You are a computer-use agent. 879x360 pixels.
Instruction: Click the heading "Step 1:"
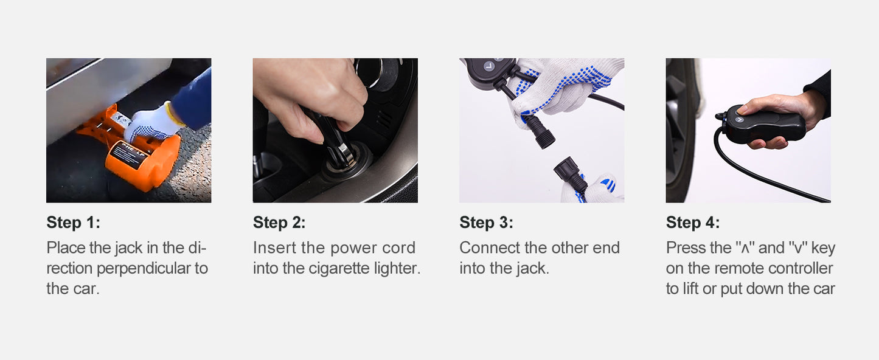point(73,223)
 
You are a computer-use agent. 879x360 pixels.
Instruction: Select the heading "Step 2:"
point(279,223)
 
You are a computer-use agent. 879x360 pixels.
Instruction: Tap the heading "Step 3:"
point(486,223)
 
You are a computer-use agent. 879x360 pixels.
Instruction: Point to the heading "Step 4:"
point(693,223)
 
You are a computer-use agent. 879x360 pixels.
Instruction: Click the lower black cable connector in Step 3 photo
point(569,174)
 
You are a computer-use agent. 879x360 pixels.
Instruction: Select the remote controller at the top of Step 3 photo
point(487,72)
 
